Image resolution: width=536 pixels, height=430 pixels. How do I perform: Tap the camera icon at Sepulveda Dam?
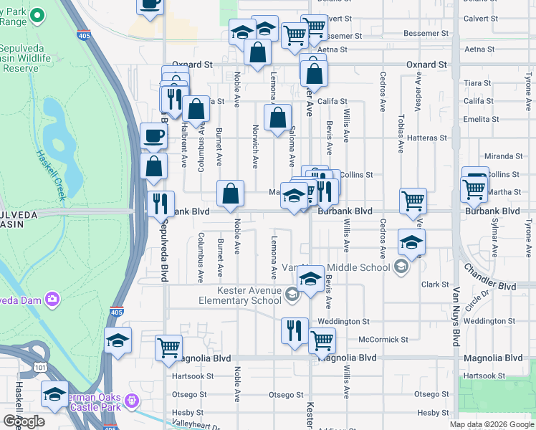[52, 298]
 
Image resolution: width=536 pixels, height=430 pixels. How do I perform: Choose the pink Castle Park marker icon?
[130, 399]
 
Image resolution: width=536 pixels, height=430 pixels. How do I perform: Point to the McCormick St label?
[383, 339]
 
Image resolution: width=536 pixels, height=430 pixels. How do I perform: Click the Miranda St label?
[503, 156]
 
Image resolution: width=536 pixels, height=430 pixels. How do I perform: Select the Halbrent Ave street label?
[184, 148]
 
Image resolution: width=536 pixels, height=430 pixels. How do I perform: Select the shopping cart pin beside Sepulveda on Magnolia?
[168, 347]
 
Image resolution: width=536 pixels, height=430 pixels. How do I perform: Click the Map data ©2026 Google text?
[491, 424]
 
